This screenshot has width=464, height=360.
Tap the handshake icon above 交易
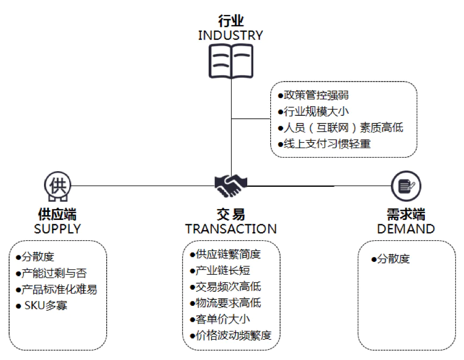(x=231, y=186)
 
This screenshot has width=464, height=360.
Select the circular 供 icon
(x=57, y=186)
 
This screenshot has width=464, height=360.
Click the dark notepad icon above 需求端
(x=406, y=186)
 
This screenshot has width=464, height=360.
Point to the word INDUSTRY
(x=231, y=36)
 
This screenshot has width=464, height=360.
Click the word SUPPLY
(x=57, y=229)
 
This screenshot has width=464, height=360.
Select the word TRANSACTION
(x=231, y=229)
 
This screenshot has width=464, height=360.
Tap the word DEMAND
(x=406, y=229)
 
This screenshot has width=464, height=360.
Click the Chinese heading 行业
(x=231, y=21)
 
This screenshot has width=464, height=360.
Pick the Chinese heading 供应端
(x=57, y=215)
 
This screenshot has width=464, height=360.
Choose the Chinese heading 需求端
(x=406, y=215)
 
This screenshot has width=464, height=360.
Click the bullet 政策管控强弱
(x=313, y=96)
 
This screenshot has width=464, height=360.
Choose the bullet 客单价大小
(x=220, y=319)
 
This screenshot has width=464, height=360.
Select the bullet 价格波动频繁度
(x=231, y=335)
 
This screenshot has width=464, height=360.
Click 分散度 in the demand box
(x=391, y=259)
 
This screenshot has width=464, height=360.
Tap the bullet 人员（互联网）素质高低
(x=340, y=128)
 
